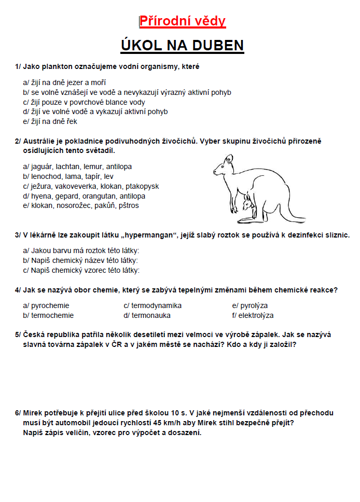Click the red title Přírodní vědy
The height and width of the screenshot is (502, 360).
click(183, 21)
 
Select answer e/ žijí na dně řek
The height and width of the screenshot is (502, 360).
click(50, 121)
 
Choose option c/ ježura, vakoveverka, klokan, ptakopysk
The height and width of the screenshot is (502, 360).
click(91, 186)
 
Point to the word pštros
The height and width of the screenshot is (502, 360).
click(128, 205)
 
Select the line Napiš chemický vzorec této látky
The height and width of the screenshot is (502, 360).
click(81, 270)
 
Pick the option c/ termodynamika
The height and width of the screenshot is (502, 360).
click(153, 305)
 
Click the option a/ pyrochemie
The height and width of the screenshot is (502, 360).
click(46, 305)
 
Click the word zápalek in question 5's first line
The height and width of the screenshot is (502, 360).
click(268, 334)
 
